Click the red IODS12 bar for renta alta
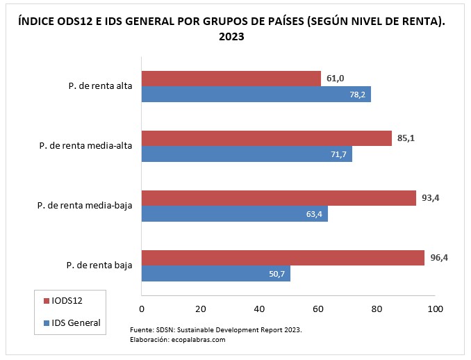[x=231, y=79]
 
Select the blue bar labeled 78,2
[x=256, y=94]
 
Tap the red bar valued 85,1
[x=267, y=138]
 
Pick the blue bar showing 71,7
[x=247, y=154]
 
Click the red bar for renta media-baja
[x=279, y=198]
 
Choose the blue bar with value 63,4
[x=235, y=213]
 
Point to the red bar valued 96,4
[x=283, y=258]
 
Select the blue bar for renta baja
[x=216, y=273]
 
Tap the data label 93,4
[x=431, y=198]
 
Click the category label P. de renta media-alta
[x=87, y=146]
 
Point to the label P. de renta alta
[x=101, y=87]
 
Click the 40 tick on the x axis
[x=259, y=309]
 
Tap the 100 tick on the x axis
[x=435, y=309]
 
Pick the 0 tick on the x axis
[x=142, y=309]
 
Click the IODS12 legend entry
[x=68, y=300]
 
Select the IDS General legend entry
[x=76, y=322]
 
